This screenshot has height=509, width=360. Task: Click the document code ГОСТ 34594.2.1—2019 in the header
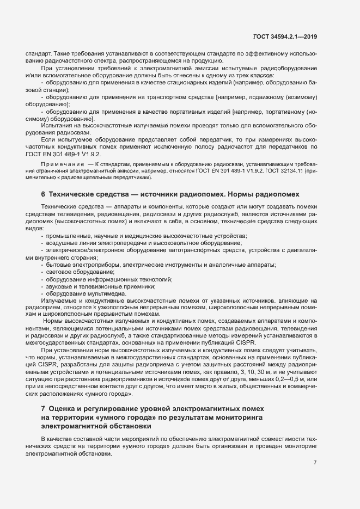[x=285, y=37]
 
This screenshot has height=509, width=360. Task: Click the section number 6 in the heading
[x=42, y=194]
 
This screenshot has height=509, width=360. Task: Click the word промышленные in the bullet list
[x=68, y=235]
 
